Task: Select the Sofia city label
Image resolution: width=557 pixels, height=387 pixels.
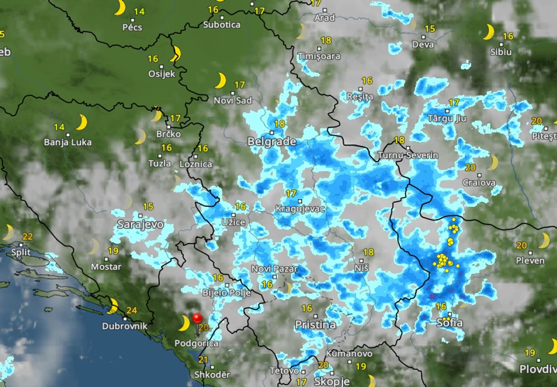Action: (x=449, y=323)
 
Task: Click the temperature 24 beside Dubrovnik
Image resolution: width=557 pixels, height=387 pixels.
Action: (x=132, y=310)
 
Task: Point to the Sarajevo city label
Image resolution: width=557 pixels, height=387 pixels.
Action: (x=140, y=225)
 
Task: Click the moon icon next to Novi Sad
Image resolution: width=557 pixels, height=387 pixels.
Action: (x=220, y=80)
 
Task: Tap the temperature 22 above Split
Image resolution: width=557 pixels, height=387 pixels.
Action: (x=27, y=236)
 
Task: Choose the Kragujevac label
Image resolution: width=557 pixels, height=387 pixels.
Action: (x=300, y=209)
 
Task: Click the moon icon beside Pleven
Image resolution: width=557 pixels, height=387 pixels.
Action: (x=544, y=240)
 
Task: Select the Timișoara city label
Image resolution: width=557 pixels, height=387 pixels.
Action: (x=319, y=56)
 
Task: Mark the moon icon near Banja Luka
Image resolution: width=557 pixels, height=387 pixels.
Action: (x=82, y=123)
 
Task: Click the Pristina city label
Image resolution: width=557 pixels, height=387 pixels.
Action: (x=315, y=325)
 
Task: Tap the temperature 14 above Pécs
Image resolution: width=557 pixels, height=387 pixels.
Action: (x=139, y=12)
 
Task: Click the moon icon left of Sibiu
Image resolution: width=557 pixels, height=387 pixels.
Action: (x=488, y=32)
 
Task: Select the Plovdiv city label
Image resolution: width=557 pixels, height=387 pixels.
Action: (x=537, y=369)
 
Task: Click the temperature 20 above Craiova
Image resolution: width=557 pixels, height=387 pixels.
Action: (x=471, y=168)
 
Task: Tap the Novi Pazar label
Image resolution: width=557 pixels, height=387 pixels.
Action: (x=274, y=268)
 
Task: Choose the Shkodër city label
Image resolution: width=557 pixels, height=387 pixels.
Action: (x=212, y=375)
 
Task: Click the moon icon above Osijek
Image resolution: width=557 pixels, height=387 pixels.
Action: (x=175, y=55)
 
